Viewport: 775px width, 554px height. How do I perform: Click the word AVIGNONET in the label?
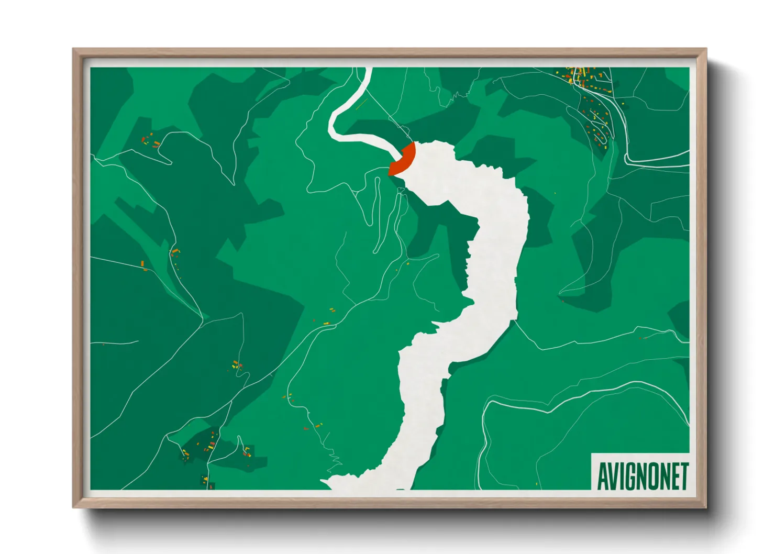click(x=643, y=476)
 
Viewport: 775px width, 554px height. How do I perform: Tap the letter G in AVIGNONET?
click(x=626, y=476)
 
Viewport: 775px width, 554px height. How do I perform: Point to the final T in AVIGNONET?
click(x=683, y=476)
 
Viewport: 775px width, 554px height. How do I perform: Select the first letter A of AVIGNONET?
click(x=602, y=476)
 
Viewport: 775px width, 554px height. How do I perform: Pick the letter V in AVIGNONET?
click(x=612, y=476)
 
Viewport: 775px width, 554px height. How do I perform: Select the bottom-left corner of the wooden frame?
click(x=74, y=506)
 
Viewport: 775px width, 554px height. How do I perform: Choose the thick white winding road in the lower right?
click(x=576, y=398)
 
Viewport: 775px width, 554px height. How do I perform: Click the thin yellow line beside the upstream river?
click(x=361, y=105)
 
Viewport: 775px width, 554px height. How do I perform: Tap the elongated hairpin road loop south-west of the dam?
click(x=377, y=215)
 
